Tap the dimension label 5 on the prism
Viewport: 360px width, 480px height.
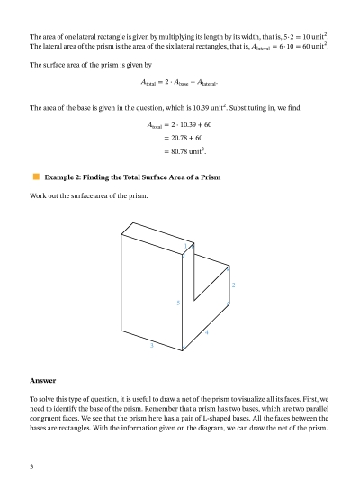[178, 303]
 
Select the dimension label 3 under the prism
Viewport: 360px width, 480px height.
[151, 345]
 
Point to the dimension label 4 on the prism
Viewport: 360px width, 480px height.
[207, 333]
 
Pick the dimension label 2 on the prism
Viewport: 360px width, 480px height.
[233, 285]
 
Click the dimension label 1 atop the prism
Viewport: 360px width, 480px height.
[185, 245]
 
